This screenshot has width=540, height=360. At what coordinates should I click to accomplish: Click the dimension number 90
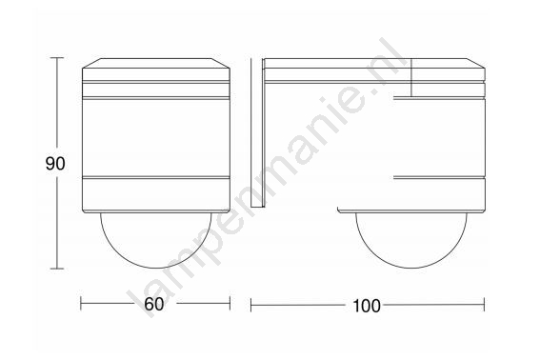[x=55, y=164]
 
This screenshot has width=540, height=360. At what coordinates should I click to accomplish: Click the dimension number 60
[x=154, y=304]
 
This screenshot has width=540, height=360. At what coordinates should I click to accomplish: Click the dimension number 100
[x=367, y=306]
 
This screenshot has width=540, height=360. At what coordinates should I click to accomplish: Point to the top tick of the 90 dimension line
[x=57, y=58]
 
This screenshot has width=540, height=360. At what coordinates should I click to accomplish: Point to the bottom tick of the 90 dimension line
[x=57, y=269]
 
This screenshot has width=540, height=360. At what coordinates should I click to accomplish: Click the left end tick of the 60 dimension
[x=81, y=304]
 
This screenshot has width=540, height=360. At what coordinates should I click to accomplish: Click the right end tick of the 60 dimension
[x=230, y=304]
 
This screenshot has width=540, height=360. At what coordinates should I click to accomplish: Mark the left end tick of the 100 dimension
[x=251, y=305]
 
